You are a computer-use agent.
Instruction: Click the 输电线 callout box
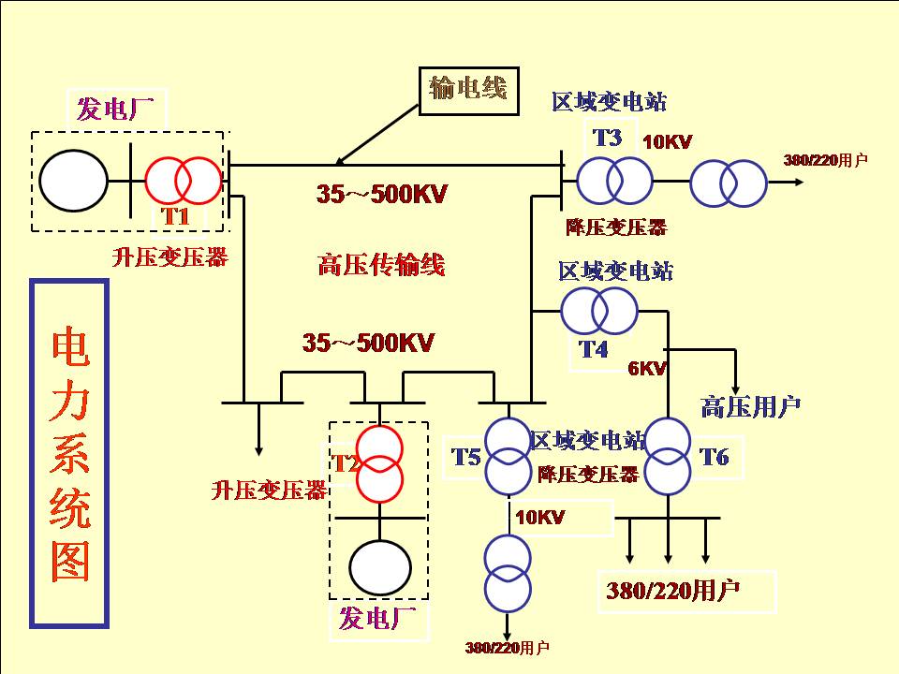tap(467, 90)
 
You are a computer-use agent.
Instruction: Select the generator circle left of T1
tap(73, 180)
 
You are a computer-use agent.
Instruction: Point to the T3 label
tap(607, 139)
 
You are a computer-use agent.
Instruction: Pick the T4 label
tap(593, 350)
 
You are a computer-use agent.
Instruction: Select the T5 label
tap(465, 457)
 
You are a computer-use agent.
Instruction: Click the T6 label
tap(715, 457)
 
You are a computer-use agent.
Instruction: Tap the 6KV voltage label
tap(646, 369)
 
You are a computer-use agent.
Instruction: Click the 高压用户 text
tap(750, 407)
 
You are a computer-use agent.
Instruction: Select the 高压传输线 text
tap(380, 266)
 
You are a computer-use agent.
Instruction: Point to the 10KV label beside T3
tap(667, 142)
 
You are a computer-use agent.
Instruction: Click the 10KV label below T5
tap(539, 517)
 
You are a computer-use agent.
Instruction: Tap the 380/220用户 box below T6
tap(672, 592)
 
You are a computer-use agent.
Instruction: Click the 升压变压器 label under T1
tap(169, 257)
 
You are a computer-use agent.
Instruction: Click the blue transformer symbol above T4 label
tap(598, 309)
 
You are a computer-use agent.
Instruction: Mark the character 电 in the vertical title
tap(70, 347)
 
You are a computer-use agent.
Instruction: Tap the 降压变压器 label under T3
tap(616, 227)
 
